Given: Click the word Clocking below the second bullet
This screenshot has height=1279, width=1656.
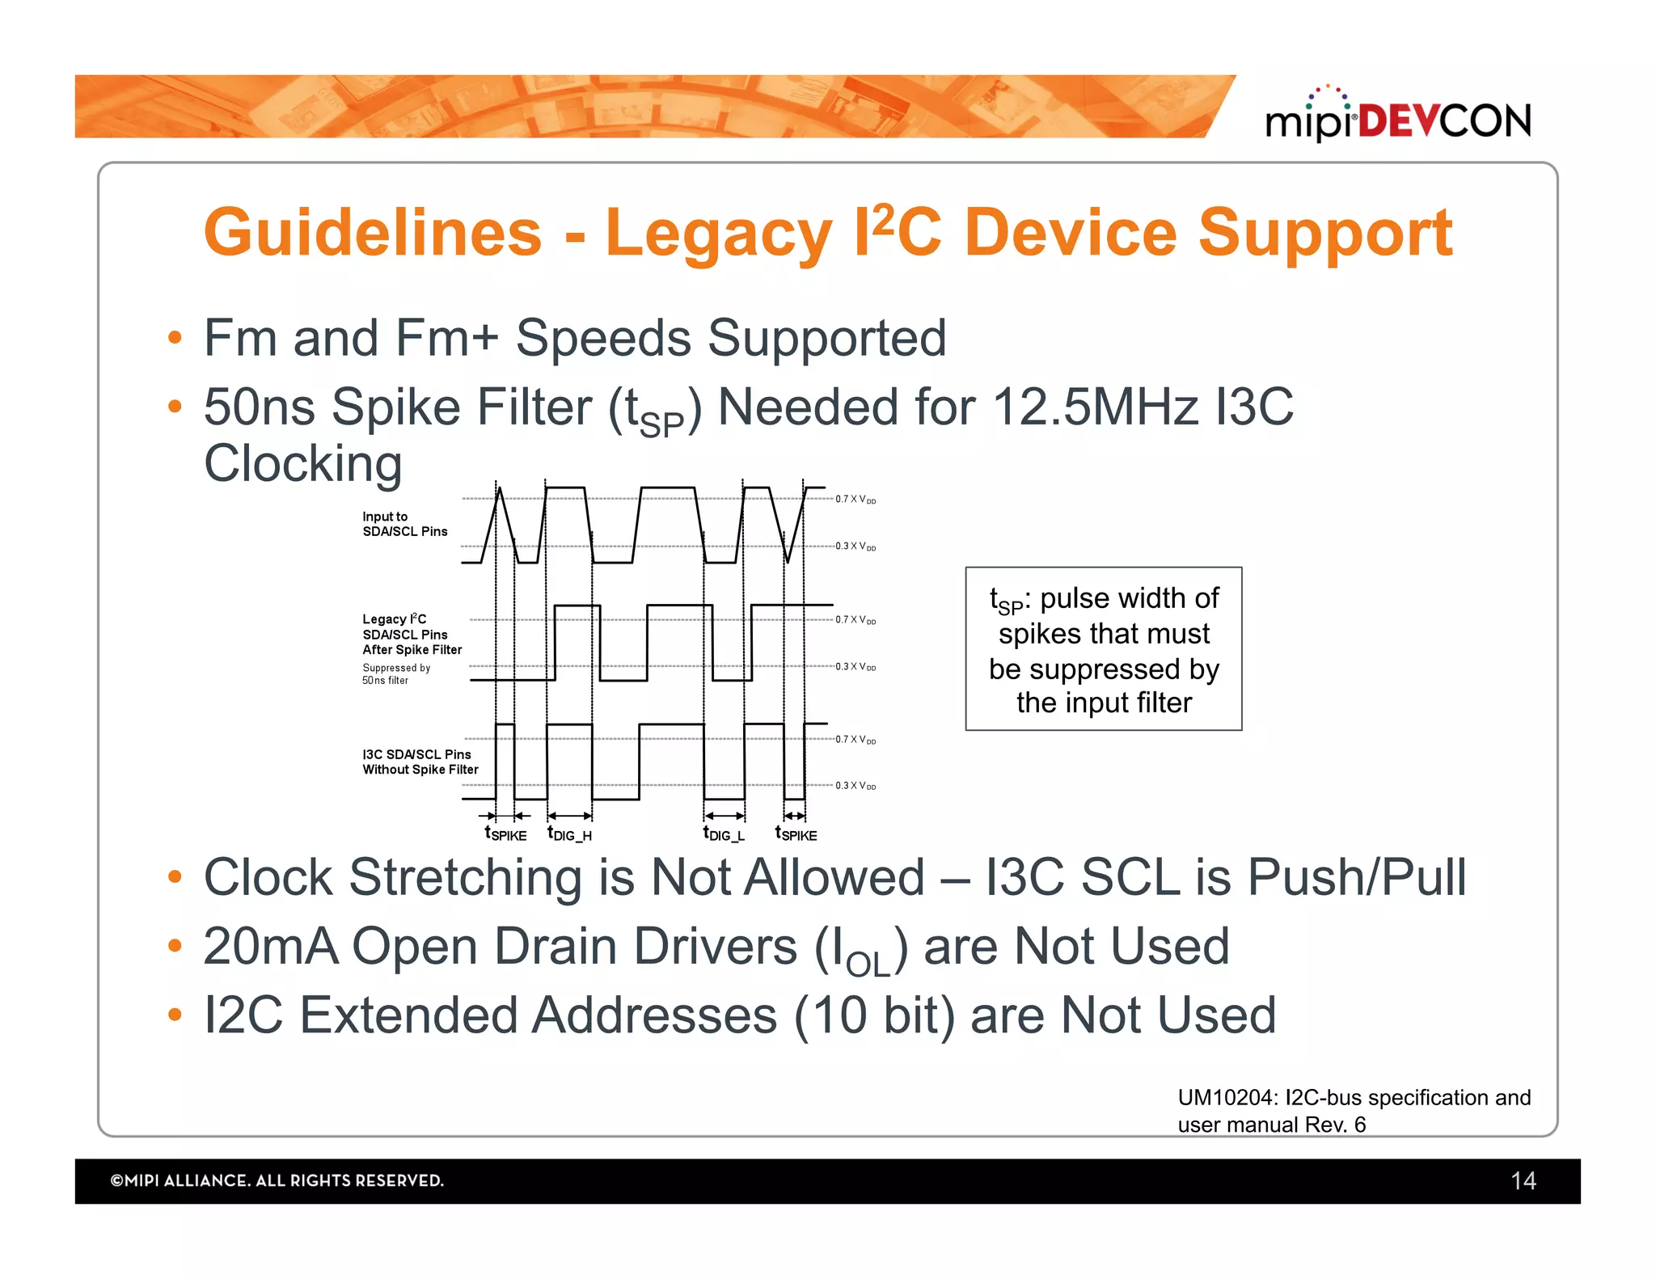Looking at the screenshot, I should [303, 464].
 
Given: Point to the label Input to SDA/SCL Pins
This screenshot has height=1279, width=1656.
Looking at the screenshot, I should [404, 524].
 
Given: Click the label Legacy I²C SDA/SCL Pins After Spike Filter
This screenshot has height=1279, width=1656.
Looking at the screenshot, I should [412, 635].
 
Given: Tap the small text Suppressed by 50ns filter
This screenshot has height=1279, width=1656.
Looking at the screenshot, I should [395, 674].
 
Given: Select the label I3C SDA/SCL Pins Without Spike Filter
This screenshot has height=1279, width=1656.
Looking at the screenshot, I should [420, 762].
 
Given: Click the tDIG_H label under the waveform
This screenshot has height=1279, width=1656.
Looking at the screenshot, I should [569, 834].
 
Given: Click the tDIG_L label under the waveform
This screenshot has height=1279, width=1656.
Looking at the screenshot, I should [724, 834].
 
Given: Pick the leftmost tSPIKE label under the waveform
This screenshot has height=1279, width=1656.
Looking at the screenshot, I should [505, 834].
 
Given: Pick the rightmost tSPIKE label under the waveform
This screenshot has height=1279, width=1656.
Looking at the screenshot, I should [796, 834].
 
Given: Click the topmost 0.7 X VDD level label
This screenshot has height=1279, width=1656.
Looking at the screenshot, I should [855, 500].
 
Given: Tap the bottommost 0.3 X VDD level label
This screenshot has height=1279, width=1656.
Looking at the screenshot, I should [855, 786].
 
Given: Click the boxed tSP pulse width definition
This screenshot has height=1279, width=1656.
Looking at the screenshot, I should [1103, 649].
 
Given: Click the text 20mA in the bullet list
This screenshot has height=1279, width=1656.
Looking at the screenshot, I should [270, 947].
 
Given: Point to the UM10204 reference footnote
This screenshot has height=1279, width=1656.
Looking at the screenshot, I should [1354, 1111].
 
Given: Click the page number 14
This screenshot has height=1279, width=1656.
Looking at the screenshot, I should [1523, 1181].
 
